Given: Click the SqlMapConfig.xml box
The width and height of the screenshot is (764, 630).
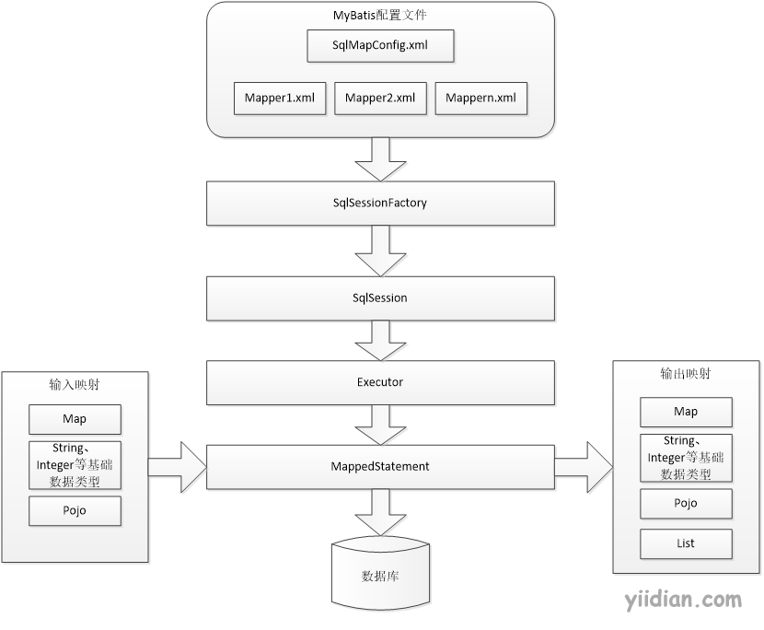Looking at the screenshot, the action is click(x=380, y=46).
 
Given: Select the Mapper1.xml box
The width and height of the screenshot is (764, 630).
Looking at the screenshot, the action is click(x=280, y=99).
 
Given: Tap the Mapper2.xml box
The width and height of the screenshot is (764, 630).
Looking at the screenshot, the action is click(x=380, y=99).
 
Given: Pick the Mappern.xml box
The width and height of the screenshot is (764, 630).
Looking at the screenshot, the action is click(x=480, y=99).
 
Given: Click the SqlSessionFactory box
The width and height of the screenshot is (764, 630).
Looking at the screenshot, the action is click(x=380, y=204).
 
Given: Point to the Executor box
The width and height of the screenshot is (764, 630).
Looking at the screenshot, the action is click(x=380, y=383).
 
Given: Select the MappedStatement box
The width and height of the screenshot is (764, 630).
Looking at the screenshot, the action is click(x=380, y=467).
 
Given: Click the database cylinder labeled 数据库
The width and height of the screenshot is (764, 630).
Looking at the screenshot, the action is click(x=380, y=574).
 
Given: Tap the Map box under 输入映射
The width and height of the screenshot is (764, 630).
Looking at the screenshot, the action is click(x=75, y=419).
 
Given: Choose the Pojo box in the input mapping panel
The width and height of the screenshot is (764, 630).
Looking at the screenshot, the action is click(x=75, y=511).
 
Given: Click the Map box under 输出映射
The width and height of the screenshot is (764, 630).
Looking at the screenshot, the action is click(x=686, y=412).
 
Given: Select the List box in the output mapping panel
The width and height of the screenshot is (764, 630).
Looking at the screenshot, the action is click(x=686, y=544).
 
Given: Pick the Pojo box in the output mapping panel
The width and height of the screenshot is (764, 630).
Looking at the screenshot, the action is click(x=686, y=504).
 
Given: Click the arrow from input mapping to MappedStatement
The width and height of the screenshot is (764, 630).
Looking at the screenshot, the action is click(x=178, y=467).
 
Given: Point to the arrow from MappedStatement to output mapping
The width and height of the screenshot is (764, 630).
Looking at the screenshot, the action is click(x=584, y=467).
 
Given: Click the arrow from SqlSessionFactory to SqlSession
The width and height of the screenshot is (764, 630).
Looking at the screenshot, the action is click(x=380, y=251).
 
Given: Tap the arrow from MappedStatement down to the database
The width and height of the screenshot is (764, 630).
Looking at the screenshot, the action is click(x=380, y=512).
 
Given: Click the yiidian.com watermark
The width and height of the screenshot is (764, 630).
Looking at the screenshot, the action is click(x=683, y=600).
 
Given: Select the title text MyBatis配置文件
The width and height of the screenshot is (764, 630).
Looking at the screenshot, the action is click(x=380, y=15).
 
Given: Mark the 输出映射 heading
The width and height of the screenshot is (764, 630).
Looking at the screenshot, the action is click(x=686, y=374).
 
